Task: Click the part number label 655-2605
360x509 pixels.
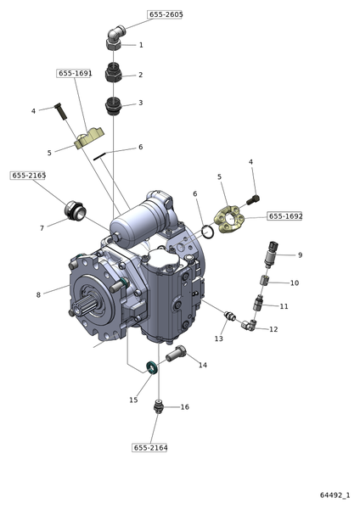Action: pyautogui.click(x=165, y=14)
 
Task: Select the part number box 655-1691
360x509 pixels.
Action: pyautogui.click(x=75, y=73)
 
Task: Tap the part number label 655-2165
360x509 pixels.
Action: pyautogui.click(x=28, y=176)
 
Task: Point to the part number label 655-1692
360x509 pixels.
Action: pyautogui.click(x=285, y=216)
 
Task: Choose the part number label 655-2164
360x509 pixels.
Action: pyautogui.click(x=149, y=448)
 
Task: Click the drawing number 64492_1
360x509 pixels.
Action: pyautogui.click(x=335, y=495)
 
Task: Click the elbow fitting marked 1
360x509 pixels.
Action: pyautogui.click(x=115, y=38)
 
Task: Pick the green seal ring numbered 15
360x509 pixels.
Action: pyautogui.click(x=151, y=367)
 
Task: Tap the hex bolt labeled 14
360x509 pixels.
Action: pyautogui.click(x=176, y=354)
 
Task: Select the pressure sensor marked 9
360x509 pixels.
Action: pyautogui.click(x=270, y=255)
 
